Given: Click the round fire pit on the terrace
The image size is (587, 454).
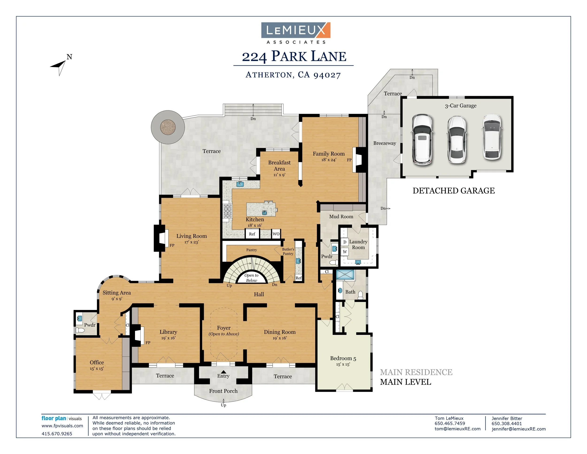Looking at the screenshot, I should coord(168,127).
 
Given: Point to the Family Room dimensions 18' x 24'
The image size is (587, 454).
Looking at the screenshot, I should coord(328,160).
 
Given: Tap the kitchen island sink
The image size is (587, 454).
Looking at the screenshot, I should coord(264,212).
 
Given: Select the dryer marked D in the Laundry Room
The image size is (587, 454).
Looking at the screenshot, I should coord(344,242).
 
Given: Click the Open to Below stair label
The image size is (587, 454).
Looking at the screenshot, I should coord(251,278).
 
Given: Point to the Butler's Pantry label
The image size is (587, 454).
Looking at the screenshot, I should coord(288,251).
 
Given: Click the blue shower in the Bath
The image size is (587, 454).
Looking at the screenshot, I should coord(345,275).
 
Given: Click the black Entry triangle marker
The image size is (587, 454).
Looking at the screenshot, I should coord(223,372).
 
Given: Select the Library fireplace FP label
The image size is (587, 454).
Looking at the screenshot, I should coord(148,343).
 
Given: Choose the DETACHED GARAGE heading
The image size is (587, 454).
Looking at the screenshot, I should coord(453,191).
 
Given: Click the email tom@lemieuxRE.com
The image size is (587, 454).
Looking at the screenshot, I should coord(457,429).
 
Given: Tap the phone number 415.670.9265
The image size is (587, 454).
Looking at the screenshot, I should coord(57,434).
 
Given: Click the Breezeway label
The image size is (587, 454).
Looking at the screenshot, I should coord(384,143).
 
